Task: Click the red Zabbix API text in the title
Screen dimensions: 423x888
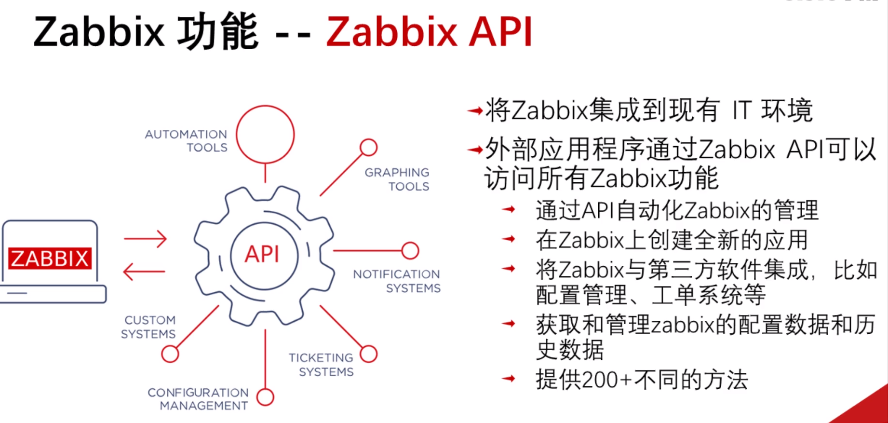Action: [429, 32]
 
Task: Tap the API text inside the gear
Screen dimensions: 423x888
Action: [262, 254]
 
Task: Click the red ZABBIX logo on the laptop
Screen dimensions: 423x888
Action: [50, 259]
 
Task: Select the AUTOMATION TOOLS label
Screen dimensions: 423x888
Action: [186, 141]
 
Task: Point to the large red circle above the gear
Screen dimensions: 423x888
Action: [265, 135]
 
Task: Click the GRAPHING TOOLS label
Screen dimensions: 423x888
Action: [397, 179]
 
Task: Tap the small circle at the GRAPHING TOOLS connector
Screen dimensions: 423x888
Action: [369, 148]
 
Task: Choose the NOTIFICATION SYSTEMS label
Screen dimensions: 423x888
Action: [397, 281]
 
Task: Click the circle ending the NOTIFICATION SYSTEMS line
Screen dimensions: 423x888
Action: [410, 251]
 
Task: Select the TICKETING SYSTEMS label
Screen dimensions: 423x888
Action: [321, 365]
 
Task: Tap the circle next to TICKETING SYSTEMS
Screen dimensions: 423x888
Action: [369, 354]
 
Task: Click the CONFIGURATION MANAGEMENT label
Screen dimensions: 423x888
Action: [198, 399]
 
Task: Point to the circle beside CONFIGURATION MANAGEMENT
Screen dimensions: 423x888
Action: [265, 397]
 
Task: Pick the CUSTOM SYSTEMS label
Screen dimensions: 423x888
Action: [148, 327]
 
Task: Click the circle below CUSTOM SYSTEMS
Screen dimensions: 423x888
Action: [170, 354]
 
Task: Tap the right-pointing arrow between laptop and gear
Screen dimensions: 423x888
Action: [145, 239]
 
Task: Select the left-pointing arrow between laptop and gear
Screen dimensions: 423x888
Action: [144, 272]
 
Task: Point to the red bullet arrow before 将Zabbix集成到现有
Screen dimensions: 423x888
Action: [475, 111]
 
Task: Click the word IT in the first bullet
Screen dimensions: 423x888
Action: [741, 111]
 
